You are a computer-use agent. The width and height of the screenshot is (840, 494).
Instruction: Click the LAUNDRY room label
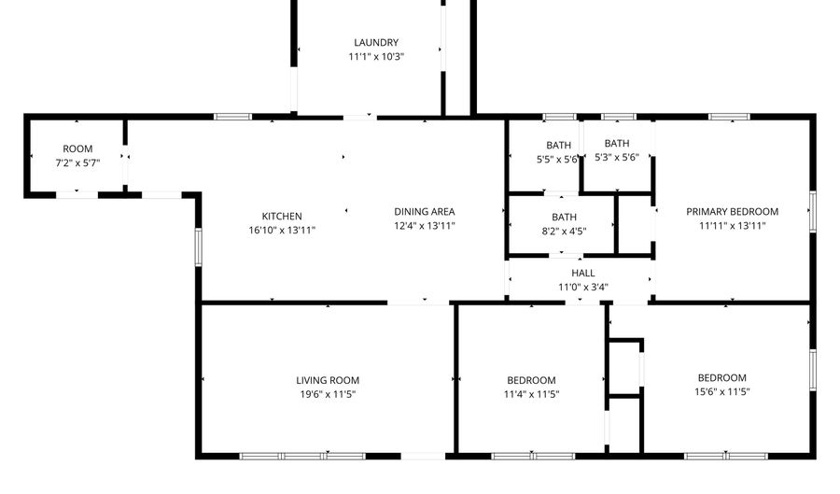[376, 42]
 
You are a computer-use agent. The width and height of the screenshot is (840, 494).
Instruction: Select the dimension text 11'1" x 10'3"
[376, 57]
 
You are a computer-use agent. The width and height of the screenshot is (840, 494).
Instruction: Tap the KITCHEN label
[282, 216]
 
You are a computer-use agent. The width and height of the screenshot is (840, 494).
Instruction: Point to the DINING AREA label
[424, 211]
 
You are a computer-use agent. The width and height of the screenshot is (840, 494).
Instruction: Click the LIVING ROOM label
[328, 380]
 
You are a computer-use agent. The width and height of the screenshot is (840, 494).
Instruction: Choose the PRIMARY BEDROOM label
[732, 211]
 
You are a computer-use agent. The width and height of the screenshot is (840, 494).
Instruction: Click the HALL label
[583, 273]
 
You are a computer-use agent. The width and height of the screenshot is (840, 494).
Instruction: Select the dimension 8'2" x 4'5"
[564, 231]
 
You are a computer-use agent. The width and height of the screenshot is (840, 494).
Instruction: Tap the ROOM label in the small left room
[77, 148]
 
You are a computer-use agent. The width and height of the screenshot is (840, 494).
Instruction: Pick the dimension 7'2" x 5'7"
[77, 162]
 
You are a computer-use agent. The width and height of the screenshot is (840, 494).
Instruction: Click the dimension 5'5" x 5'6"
[558, 160]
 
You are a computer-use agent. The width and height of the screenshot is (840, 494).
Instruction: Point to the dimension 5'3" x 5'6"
[616, 158]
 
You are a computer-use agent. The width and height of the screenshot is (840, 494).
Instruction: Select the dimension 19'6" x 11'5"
[328, 394]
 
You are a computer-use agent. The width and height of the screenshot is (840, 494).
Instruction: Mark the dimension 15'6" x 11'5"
[721, 392]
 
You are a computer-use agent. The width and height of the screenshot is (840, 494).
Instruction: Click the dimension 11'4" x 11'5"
[531, 394]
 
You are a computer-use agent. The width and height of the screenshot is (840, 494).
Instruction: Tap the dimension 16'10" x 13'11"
[282, 230]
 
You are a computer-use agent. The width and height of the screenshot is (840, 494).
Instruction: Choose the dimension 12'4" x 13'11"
[424, 225]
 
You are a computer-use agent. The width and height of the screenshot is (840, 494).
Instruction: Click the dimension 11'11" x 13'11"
[732, 225]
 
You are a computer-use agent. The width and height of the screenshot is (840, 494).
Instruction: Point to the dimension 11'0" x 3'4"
[583, 287]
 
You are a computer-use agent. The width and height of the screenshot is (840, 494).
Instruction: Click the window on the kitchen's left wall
[198, 247]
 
